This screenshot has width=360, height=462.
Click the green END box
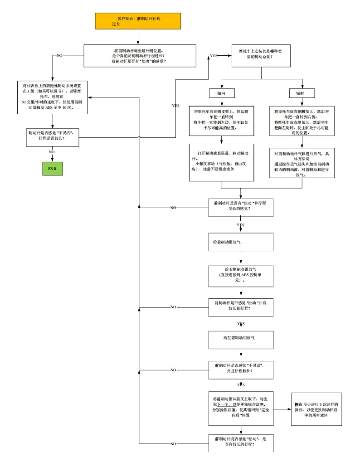click(52, 168)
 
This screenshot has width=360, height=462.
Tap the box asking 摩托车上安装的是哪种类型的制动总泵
click(261, 55)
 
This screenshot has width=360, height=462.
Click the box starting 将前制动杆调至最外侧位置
click(140, 56)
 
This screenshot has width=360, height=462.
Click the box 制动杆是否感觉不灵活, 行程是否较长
click(53, 137)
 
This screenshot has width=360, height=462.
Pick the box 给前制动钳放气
click(241, 242)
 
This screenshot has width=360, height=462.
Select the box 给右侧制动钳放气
click(241, 276)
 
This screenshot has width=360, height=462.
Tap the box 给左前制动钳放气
click(241, 338)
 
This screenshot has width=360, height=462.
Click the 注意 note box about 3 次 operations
click(316, 409)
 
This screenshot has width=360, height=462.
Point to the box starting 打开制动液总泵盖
click(221, 162)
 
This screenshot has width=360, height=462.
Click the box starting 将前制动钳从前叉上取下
click(241, 409)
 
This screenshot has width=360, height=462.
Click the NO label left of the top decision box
click(59, 55)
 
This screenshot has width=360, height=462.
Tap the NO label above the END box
click(52, 152)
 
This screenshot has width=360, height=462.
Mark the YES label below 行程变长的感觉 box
click(240, 225)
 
